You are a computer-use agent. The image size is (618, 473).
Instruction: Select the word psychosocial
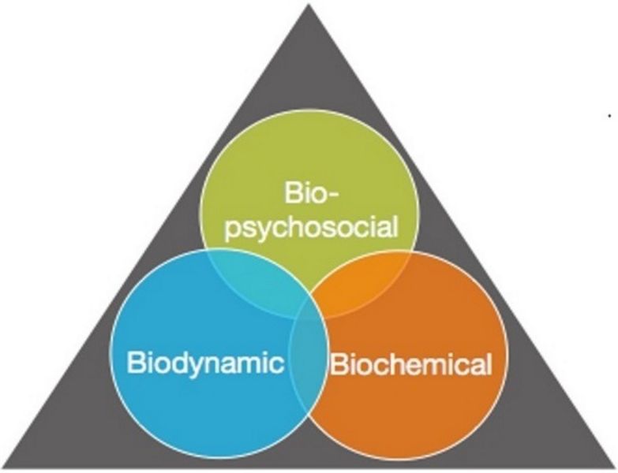311,229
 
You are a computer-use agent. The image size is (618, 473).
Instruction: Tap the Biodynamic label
205,363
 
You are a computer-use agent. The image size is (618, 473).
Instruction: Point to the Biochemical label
411,364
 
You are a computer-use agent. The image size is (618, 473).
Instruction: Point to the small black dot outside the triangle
609,116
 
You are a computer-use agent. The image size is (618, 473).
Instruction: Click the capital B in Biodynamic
135,362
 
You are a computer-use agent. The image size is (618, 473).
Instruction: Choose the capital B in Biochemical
338,364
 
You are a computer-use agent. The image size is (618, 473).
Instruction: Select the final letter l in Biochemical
489,364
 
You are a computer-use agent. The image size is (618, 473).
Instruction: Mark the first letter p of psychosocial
232,233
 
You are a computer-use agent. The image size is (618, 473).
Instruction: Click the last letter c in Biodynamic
277,366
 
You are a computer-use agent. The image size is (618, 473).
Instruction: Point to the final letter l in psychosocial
395,227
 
